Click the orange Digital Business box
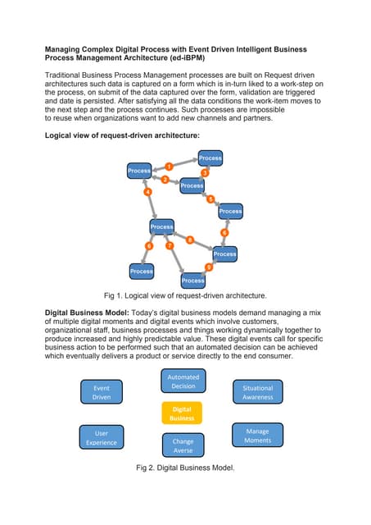(x=182, y=413)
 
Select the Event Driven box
(x=102, y=391)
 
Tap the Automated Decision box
(x=183, y=381)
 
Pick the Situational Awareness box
(x=258, y=391)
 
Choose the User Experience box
(x=102, y=437)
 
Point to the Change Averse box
(x=183, y=445)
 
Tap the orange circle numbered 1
(x=169, y=167)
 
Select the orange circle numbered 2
(x=165, y=180)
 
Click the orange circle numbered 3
(x=205, y=173)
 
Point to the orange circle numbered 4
(x=148, y=192)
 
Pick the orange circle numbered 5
(x=210, y=199)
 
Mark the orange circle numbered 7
(x=170, y=245)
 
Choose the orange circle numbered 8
(x=190, y=240)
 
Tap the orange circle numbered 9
(x=208, y=267)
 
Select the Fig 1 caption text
(x=185, y=294)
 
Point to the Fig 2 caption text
(x=185, y=468)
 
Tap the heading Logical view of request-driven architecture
(x=121, y=134)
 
